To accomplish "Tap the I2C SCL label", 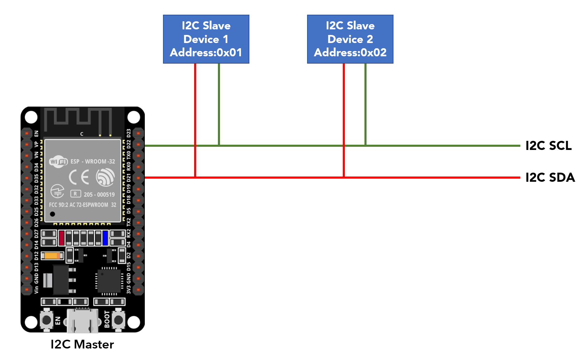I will (548, 146).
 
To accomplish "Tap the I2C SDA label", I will (550, 178).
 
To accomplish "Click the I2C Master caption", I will (82, 345).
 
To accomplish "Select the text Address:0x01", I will (206, 53).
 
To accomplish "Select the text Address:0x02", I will (350, 53).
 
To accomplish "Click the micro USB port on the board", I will (83, 321).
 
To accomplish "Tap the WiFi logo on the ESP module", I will (58, 161).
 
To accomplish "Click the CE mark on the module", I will (79, 177).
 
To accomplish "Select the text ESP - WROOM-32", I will (93, 161).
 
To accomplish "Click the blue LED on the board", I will (105, 238).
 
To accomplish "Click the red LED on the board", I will (62, 238).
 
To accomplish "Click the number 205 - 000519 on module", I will (99, 195).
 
